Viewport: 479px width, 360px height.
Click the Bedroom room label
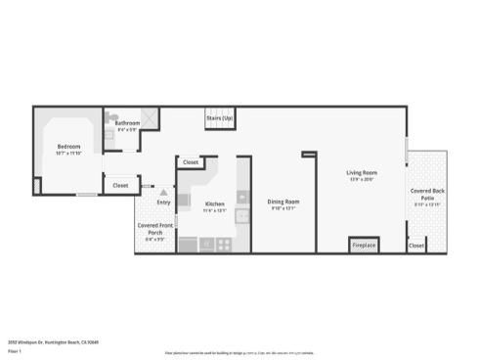coord(68,146)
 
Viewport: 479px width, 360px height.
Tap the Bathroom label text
coord(128,122)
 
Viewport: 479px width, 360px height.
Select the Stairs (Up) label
coord(220,118)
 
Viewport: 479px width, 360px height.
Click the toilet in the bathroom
coord(110,138)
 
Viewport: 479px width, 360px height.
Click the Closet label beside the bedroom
coord(119,185)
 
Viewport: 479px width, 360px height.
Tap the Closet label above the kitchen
coord(191,162)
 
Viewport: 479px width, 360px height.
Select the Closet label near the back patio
coord(416,246)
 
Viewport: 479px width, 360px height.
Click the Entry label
coord(163,202)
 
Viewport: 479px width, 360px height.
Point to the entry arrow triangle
coord(162,193)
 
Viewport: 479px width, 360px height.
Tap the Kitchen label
coord(214,203)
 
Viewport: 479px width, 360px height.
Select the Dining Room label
coord(283,202)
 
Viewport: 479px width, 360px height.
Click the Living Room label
coord(362,173)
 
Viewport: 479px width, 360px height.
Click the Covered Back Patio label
coord(427,194)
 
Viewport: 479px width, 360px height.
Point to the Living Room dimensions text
coord(362,180)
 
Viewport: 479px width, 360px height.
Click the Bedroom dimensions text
coord(68,153)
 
